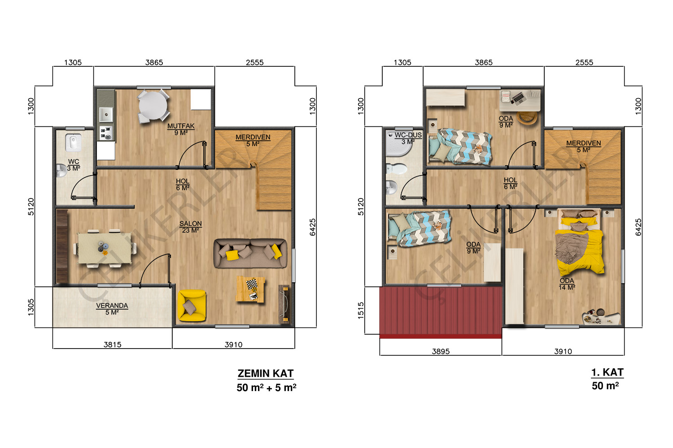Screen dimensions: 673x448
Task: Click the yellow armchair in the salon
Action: tap(192, 306)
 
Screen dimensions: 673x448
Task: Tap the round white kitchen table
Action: tap(153, 106)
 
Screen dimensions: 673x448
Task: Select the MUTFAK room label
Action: tap(181, 126)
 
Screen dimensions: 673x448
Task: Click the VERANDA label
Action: tap(112, 306)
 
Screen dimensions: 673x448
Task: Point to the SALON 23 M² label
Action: tap(191, 227)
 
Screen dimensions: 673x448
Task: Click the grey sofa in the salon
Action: tap(250, 253)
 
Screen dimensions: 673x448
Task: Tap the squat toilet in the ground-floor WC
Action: tap(73, 142)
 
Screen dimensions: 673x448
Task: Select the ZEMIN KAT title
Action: tap(266, 374)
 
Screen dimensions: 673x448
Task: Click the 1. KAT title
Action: tap(607, 372)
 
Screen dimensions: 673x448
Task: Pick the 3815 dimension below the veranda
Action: tap(112, 345)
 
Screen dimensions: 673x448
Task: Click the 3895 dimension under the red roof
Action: tap(441, 351)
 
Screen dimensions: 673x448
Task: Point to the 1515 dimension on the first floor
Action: tap(361, 310)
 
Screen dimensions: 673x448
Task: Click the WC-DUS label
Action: tap(408, 135)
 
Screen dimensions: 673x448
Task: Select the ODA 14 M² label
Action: tap(567, 284)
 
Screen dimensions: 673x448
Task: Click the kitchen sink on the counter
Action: tap(106, 114)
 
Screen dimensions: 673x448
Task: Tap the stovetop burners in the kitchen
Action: tap(106, 133)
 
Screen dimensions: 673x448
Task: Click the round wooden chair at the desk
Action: tap(527, 117)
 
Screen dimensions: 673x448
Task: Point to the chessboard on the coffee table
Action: tap(252, 284)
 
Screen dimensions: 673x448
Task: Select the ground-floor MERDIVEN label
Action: tap(253, 137)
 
